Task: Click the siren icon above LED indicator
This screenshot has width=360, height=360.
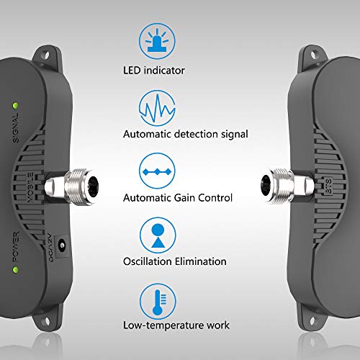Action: tap(157, 40)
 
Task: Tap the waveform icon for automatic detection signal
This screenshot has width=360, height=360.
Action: tap(157, 108)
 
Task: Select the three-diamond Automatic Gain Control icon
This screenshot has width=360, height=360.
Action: tap(157, 171)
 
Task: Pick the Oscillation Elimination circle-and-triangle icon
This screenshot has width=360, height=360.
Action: tap(158, 235)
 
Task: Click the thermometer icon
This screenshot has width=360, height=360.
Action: tap(158, 302)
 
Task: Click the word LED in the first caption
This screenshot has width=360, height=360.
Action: tap(132, 71)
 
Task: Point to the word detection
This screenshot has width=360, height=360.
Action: tap(197, 134)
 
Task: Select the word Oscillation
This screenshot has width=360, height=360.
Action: tap(148, 261)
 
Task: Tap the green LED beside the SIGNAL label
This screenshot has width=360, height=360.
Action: tap(16, 106)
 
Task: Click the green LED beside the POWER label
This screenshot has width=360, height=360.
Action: tap(16, 270)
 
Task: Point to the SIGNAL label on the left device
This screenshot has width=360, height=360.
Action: tap(16, 127)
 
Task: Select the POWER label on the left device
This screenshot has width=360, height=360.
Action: tap(16, 247)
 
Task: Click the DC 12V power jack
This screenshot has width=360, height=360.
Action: tap(62, 246)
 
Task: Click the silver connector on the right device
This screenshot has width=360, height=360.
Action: tap(287, 186)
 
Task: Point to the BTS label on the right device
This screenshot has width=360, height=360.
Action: tap(328, 185)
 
